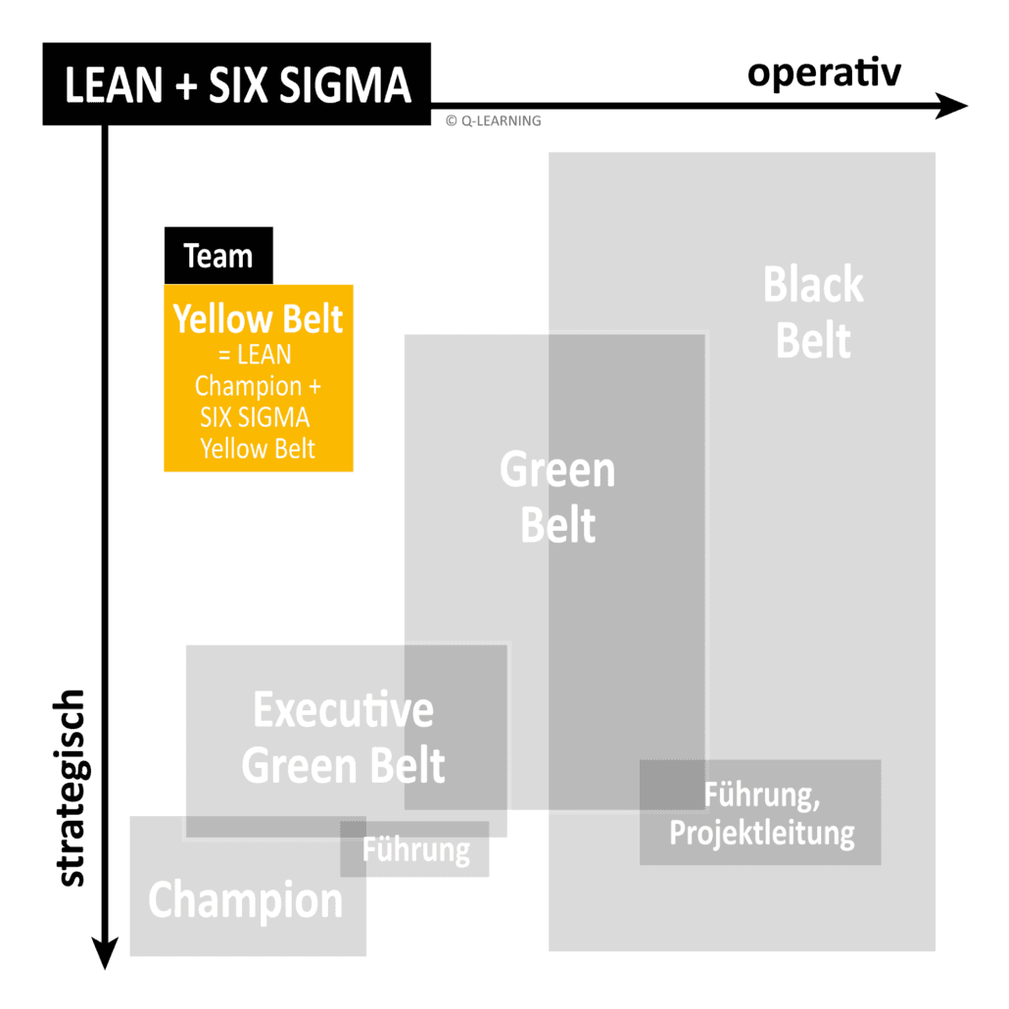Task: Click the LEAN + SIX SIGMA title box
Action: [236, 84]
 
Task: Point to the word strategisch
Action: [71, 789]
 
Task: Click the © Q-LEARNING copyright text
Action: [492, 121]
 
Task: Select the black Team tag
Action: [217, 257]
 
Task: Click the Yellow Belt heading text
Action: [259, 319]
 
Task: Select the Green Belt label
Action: [557, 498]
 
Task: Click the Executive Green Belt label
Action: [343, 738]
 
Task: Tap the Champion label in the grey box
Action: [246, 900]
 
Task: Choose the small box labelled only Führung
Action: [415, 849]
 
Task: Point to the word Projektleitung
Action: [761, 834]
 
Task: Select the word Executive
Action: [343, 710]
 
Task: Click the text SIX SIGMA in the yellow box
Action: [255, 417]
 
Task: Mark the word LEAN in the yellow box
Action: [264, 354]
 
